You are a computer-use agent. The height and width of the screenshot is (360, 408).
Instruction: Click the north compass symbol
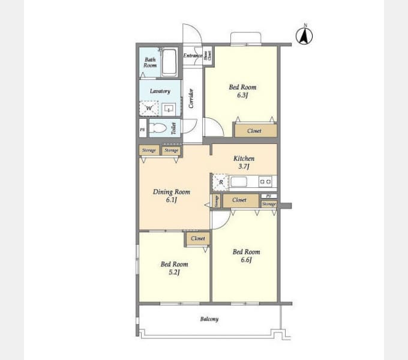[x=305, y=37]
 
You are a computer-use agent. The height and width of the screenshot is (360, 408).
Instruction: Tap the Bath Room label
[x=150, y=62]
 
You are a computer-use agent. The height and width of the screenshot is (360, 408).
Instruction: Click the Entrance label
[x=193, y=56]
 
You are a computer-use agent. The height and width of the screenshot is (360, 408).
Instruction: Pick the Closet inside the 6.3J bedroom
[x=255, y=130]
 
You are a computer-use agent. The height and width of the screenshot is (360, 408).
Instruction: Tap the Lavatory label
[x=160, y=91]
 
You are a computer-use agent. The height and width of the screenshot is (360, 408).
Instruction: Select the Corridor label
[x=191, y=98]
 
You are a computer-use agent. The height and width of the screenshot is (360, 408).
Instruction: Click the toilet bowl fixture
[x=158, y=128]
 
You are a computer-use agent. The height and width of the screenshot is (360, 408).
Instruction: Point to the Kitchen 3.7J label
[x=244, y=162]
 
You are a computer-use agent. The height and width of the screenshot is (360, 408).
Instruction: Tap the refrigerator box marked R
[x=221, y=182]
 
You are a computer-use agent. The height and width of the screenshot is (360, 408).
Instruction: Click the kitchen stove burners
[x=265, y=181]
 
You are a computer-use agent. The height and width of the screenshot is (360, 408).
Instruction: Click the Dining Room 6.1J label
[x=171, y=196]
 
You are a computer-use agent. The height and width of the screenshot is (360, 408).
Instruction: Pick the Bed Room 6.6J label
[x=246, y=256]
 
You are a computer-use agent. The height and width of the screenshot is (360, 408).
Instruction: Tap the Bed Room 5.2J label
[x=174, y=268]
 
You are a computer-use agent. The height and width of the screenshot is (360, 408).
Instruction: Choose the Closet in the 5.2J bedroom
[x=197, y=238]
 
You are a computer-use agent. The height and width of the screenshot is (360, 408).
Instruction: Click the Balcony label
[x=209, y=319]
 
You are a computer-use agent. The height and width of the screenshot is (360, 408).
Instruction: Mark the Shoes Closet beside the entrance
[x=207, y=56]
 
